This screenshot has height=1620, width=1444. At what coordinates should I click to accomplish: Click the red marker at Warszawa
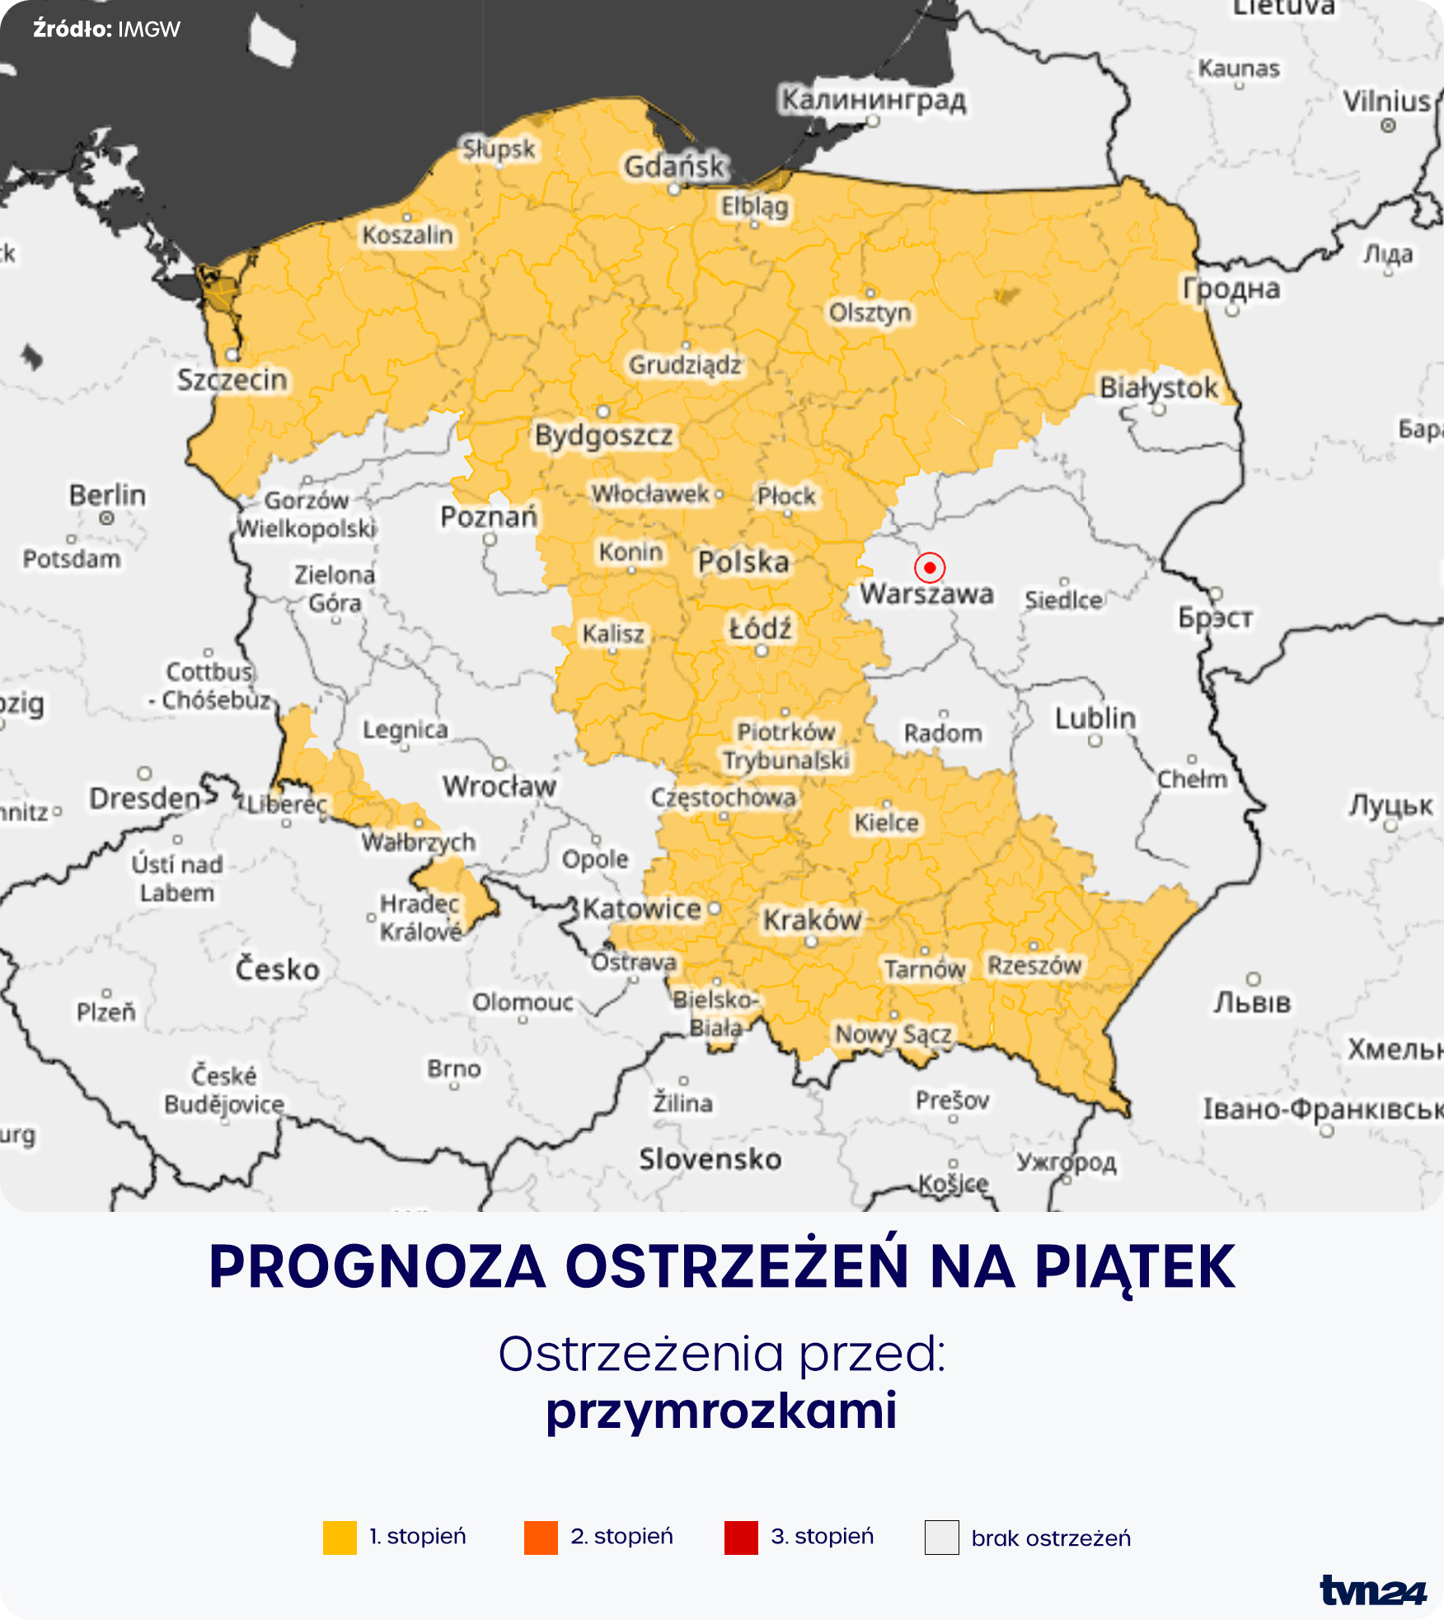[930, 567]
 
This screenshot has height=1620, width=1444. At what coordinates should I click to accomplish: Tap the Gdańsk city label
[674, 167]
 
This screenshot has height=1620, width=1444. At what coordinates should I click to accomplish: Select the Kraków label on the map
[812, 920]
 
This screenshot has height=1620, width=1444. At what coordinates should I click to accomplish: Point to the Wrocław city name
[499, 786]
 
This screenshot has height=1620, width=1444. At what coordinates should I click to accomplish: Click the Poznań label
[489, 517]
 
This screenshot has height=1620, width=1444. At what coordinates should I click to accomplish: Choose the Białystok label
[1159, 387]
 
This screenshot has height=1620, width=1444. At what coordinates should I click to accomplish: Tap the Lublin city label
[1095, 718]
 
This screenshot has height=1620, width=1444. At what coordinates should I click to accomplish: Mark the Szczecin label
[232, 380]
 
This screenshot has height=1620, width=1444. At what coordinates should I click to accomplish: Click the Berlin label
[107, 495]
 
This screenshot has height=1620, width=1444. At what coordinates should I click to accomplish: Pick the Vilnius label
[1387, 101]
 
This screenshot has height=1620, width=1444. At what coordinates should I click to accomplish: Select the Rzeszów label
[1034, 965]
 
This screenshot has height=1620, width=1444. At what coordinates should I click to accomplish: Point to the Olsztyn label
[870, 312]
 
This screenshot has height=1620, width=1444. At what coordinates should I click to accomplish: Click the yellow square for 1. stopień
[340, 1538]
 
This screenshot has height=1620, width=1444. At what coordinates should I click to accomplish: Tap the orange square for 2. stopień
[541, 1538]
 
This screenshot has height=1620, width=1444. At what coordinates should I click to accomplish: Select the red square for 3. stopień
[741, 1538]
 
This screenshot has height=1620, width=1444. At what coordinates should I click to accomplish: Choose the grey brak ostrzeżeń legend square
[942, 1538]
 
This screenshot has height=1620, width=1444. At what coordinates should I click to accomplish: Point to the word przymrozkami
[721, 1411]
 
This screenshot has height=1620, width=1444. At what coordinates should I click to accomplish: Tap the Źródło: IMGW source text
[106, 30]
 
